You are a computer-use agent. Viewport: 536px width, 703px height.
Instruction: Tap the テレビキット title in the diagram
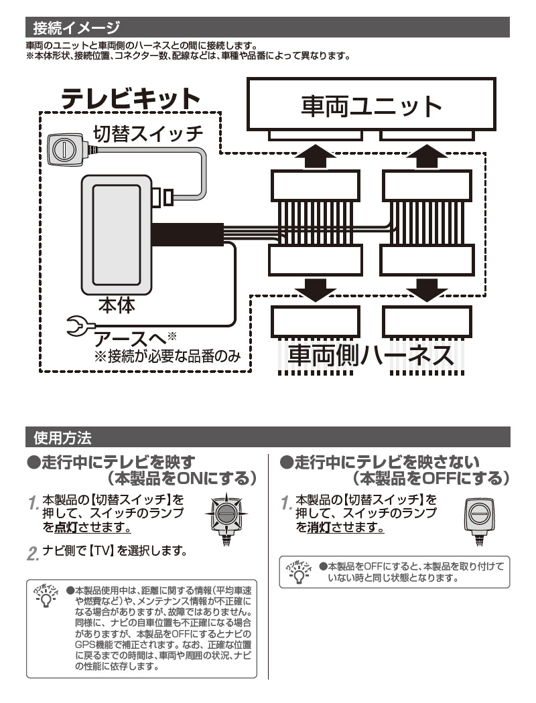131,100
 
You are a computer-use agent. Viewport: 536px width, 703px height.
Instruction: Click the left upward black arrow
314,157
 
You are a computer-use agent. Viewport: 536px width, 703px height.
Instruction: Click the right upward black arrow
425,157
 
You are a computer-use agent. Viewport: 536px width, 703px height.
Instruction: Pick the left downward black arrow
314,289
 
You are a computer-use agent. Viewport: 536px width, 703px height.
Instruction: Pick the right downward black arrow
425,289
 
